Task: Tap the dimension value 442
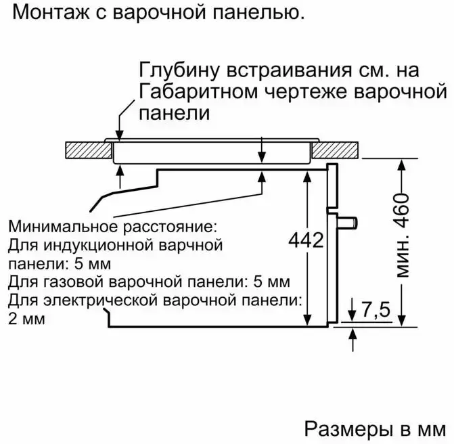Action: (307, 240)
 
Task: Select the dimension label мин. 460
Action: (403, 237)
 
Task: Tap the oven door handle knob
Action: (350, 221)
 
